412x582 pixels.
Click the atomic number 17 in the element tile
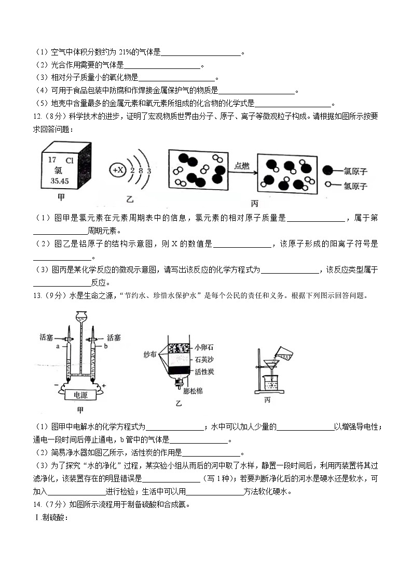tap(52, 160)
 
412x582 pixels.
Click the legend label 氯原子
tap(355, 170)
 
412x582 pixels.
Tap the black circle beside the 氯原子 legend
tap(328, 170)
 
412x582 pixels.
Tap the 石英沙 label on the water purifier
tap(204, 359)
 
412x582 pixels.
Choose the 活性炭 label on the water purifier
tap(204, 372)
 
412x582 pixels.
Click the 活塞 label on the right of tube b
tap(114, 337)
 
